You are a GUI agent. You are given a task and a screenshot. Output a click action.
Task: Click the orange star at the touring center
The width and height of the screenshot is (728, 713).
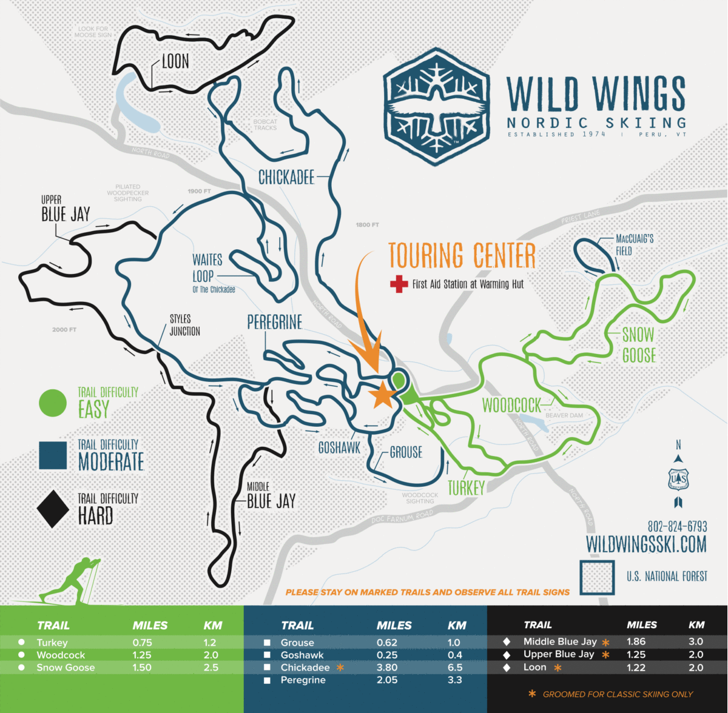383,395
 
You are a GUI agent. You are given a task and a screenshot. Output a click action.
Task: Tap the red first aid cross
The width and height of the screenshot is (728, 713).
399,284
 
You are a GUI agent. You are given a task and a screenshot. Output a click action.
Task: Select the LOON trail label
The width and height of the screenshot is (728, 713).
175,61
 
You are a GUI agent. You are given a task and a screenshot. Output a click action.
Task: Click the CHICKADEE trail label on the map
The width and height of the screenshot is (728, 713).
286,177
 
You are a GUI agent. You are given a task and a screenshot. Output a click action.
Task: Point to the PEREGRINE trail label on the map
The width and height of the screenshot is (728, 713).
274,323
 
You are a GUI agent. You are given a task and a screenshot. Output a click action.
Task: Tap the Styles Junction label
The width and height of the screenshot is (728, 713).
184,325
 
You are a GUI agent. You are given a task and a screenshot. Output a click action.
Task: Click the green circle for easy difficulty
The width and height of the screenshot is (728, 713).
53,403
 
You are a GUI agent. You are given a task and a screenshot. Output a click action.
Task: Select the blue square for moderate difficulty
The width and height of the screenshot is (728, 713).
53,455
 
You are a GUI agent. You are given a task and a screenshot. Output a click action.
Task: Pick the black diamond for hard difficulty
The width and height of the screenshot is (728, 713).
53,509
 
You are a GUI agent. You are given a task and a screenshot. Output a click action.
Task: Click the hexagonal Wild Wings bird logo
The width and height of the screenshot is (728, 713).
436,107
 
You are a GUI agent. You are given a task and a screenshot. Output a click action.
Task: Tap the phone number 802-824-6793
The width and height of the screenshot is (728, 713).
677,526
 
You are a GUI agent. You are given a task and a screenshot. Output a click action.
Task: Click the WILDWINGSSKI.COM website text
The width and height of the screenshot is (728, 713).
646,544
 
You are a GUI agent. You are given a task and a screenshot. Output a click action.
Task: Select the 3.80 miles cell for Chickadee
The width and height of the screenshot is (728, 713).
387,668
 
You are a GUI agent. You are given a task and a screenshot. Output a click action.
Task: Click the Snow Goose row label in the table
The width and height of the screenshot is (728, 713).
66,668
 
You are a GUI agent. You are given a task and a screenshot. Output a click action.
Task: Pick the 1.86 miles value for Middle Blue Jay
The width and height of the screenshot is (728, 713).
636,641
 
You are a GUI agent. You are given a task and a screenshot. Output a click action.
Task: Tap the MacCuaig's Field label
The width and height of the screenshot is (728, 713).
634,244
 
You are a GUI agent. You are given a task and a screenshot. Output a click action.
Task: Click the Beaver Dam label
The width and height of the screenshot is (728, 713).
564,415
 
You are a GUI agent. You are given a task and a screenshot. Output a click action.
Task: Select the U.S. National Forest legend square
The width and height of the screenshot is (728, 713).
598,577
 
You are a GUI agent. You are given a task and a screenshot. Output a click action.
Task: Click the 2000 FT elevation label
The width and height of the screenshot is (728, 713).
64,330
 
